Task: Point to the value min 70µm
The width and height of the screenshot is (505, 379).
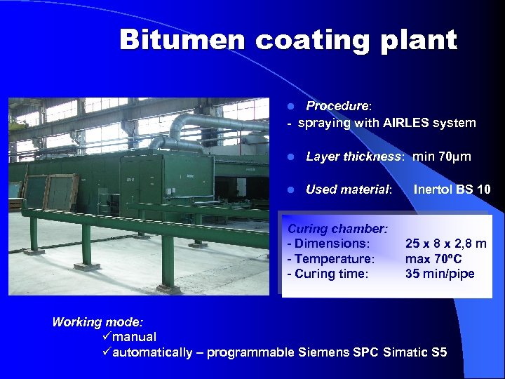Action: click(x=442, y=157)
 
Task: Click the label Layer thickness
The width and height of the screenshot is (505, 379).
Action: click(x=355, y=157)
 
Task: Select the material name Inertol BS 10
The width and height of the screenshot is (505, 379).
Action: click(x=452, y=189)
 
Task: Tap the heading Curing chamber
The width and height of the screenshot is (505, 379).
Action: click(x=338, y=229)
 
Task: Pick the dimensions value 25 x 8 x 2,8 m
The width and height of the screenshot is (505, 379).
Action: click(x=445, y=244)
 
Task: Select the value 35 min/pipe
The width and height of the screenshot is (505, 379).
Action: click(x=440, y=274)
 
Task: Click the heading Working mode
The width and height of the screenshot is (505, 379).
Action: click(x=97, y=322)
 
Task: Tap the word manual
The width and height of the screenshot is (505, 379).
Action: click(x=134, y=337)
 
